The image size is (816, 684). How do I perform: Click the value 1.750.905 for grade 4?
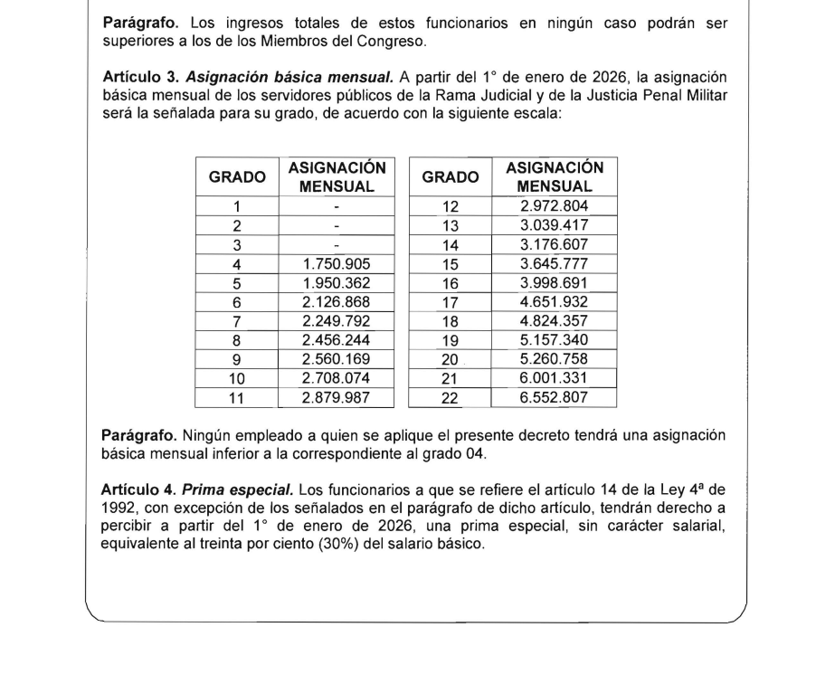(x=337, y=264)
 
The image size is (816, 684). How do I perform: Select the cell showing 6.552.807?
(x=555, y=398)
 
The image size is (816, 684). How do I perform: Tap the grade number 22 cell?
(x=450, y=398)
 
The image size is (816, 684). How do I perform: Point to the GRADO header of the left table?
(x=237, y=178)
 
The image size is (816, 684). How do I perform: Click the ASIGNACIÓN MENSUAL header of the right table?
(x=555, y=177)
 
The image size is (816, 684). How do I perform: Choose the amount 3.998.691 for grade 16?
(x=555, y=284)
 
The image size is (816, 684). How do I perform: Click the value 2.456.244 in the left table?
(x=337, y=341)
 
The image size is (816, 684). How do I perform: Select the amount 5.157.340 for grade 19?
(x=555, y=341)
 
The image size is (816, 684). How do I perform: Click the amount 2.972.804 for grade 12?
(x=555, y=206)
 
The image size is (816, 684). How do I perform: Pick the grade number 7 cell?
(x=237, y=322)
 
